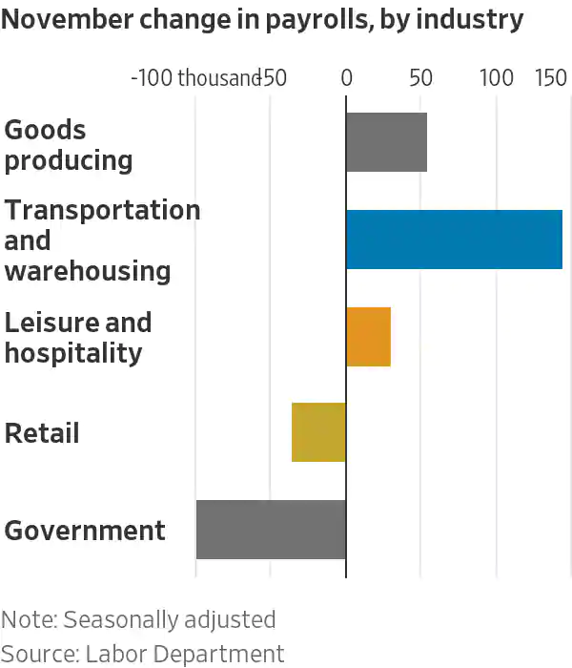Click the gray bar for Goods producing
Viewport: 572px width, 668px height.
click(x=386, y=142)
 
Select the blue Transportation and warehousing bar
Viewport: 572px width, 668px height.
click(x=454, y=240)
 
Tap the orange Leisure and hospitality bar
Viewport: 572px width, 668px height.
click(x=368, y=337)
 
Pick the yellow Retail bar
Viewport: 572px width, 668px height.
click(x=318, y=432)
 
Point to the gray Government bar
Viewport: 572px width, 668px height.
click(x=271, y=530)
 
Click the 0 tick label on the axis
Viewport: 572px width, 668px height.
click(x=346, y=78)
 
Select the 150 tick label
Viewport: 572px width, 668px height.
click(x=552, y=78)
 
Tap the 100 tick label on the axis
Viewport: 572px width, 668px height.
click(x=497, y=78)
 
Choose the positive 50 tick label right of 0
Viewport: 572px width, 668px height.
click(x=421, y=78)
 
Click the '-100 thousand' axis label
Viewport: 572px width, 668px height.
click(x=195, y=78)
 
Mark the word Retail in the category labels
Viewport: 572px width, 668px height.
click(x=42, y=433)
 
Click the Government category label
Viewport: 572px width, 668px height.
click(x=85, y=531)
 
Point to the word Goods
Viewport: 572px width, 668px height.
click(x=45, y=130)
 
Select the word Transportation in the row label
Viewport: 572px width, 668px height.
click(x=102, y=210)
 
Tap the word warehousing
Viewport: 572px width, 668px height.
click(x=88, y=271)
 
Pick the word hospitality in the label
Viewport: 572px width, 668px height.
click(x=73, y=353)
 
